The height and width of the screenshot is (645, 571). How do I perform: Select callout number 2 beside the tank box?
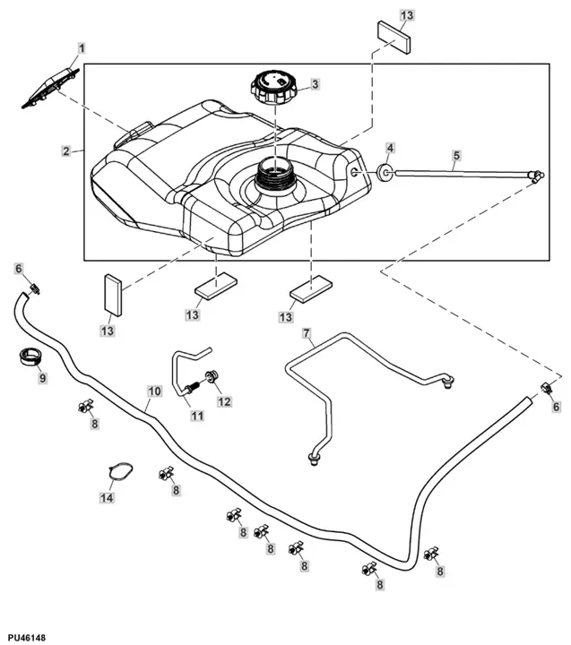point(66,151)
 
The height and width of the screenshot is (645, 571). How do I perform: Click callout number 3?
point(315,85)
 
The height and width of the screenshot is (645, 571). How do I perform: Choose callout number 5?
point(455,156)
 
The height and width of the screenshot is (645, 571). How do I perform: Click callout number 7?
point(307,335)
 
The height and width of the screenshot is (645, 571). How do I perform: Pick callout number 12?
point(223,401)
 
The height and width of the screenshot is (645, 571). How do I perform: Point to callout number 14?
point(108,497)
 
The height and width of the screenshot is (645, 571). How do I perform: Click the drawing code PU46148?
point(26,637)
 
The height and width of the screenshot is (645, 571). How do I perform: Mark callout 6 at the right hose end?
point(556,407)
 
